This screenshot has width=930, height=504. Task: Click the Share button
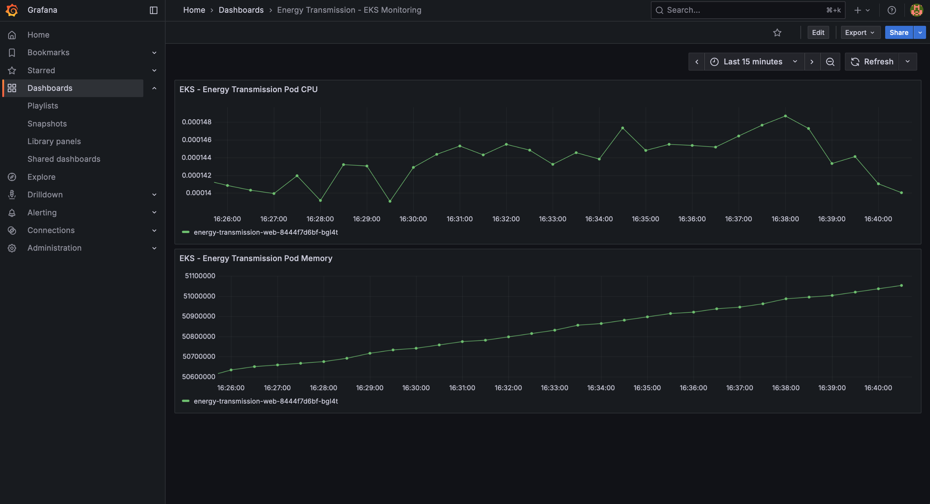[x=899, y=32]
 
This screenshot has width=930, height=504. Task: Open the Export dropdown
[x=860, y=32]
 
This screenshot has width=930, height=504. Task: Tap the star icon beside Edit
[x=777, y=33]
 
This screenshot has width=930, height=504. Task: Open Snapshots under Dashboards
[x=47, y=124]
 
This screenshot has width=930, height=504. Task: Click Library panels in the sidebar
[x=54, y=141]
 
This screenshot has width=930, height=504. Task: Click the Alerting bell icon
[x=12, y=213]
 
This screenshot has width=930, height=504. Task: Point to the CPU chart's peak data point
[x=785, y=116]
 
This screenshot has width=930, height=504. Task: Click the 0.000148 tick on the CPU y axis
[x=196, y=122]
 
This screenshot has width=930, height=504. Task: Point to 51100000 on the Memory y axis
[x=200, y=276]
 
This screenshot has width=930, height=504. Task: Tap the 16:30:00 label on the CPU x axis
[x=413, y=219]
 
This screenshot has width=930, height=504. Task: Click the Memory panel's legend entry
[x=265, y=401]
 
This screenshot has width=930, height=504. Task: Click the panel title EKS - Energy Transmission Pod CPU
[x=248, y=90]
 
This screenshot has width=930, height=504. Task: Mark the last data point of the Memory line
[x=902, y=286]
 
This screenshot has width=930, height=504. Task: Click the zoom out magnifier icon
[x=830, y=62]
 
